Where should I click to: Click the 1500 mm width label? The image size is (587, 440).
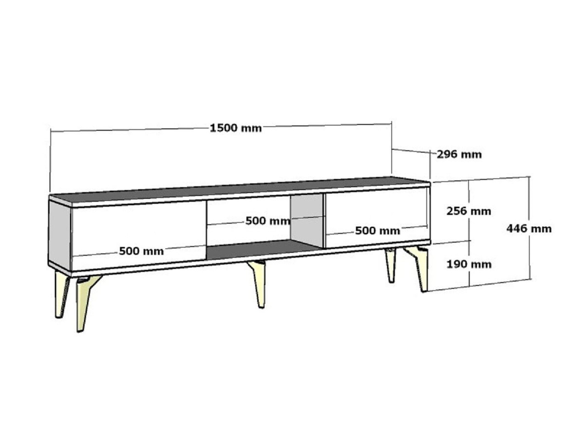pyautogui.click(x=236, y=128)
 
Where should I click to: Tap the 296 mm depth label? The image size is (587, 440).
pyautogui.click(x=459, y=155)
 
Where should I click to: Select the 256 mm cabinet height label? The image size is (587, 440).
pyautogui.click(x=469, y=211)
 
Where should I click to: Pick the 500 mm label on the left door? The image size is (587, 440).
pyautogui.click(x=141, y=251)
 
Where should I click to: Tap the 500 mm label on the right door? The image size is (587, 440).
pyautogui.click(x=378, y=231)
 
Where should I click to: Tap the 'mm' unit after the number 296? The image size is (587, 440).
pyautogui.click(x=471, y=155)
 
